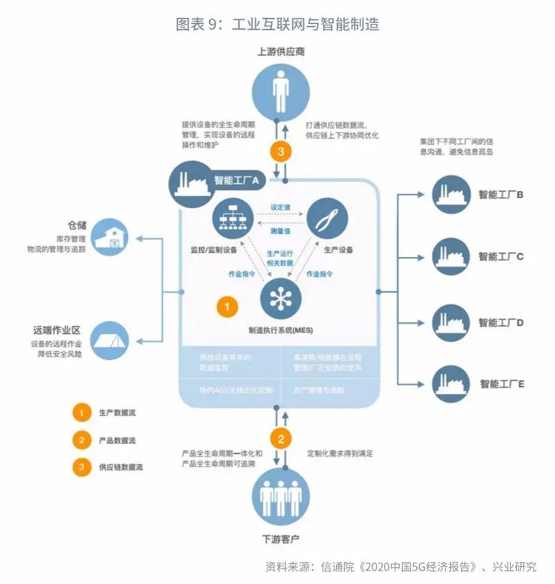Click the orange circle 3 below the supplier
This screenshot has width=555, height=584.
(281, 151)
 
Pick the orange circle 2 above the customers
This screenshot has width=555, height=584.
(281, 439)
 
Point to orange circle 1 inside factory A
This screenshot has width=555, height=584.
(226, 306)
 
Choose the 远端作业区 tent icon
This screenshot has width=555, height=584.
(111, 339)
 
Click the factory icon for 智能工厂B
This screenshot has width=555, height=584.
(451, 194)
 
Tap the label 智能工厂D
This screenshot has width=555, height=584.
(501, 323)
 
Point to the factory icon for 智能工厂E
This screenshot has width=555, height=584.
(451, 384)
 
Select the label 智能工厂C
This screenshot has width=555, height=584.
(501, 256)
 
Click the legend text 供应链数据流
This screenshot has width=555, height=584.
(121, 467)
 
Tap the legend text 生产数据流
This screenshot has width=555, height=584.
(117, 413)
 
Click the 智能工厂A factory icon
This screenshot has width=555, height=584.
(188, 181)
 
